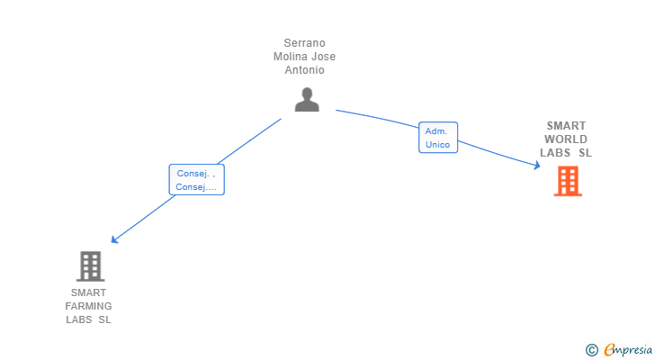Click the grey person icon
(307, 100)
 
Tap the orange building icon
(567, 181)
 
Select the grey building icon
(90, 266)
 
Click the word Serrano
(304, 43)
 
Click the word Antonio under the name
(304, 70)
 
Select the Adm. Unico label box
(438, 138)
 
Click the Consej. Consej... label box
(196, 180)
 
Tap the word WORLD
(566, 139)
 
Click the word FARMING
(88, 306)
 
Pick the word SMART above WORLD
(566, 126)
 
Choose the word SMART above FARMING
(88, 292)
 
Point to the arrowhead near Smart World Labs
(536, 164)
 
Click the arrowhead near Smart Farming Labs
(113, 239)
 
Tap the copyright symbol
(591, 350)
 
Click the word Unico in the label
(437, 144)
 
